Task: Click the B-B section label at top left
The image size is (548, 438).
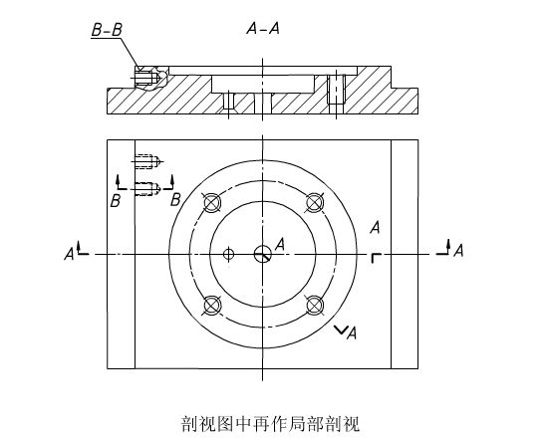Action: tap(107, 30)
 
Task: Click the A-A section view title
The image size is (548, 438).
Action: tap(263, 28)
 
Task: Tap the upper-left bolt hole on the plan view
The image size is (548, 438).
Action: tap(212, 203)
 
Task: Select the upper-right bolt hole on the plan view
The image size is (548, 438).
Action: tap(314, 202)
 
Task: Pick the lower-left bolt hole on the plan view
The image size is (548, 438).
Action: tap(212, 306)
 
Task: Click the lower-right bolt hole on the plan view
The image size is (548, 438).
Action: tap(314, 305)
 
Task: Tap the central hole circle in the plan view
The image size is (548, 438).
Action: tap(263, 254)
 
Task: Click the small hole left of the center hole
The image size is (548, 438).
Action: tap(228, 254)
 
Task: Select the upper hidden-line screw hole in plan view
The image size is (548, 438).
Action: tap(147, 161)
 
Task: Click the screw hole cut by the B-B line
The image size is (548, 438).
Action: tap(147, 188)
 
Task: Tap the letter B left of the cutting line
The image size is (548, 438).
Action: tap(116, 201)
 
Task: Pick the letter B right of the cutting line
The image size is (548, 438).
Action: tap(175, 200)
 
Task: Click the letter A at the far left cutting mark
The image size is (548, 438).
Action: tap(69, 254)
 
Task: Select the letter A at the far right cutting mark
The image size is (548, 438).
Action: tap(458, 251)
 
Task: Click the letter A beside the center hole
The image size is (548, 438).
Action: tap(280, 245)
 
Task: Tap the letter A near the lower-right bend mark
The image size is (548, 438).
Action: tap(352, 332)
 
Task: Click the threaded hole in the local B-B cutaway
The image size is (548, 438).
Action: tap(147, 78)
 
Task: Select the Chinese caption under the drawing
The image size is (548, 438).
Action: tap(270, 424)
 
